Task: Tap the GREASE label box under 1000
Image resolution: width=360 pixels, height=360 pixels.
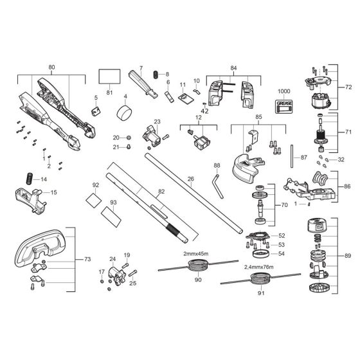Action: pos(283,109)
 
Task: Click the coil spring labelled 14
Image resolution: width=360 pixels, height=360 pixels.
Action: pos(28,178)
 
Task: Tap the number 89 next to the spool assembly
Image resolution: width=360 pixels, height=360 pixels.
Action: pos(348,255)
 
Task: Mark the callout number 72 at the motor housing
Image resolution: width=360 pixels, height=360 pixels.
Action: pos(349,86)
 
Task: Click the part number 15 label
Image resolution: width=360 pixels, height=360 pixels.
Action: pos(53,192)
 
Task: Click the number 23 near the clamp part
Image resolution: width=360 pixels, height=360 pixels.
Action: pos(156,121)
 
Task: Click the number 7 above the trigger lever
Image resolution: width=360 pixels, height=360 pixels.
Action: pos(140,67)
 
